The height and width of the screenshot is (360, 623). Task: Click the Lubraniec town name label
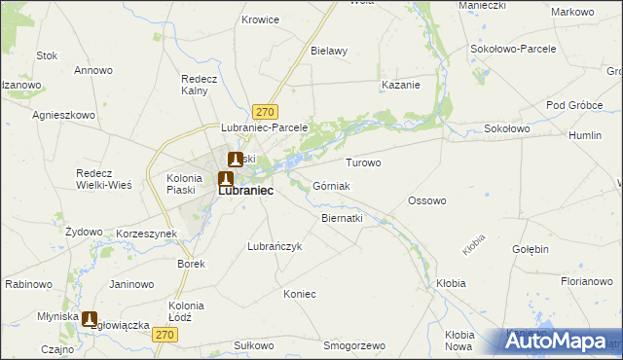point(244,192)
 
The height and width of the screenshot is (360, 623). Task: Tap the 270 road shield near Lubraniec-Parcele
point(266,112)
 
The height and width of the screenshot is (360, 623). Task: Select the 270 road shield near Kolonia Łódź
point(165,335)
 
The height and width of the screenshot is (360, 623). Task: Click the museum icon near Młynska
point(91,318)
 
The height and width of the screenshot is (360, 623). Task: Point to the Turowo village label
point(363,162)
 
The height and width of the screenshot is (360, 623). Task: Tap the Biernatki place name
point(342,219)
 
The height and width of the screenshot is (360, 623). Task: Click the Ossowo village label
point(426,200)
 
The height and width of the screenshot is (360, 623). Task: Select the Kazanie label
point(401,85)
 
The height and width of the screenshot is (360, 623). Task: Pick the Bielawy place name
point(329,51)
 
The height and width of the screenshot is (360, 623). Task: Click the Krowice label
point(261,19)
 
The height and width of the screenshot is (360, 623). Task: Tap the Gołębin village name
point(531,249)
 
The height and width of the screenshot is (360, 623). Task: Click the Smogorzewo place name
point(354,345)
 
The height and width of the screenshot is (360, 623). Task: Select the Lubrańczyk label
point(275,247)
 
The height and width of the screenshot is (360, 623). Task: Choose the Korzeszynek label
point(146,234)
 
